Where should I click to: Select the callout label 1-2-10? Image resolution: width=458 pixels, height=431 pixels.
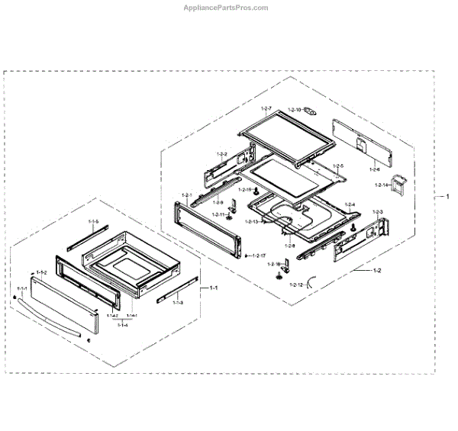(x=295, y=110)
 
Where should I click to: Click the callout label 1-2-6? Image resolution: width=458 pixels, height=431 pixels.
(x=374, y=169)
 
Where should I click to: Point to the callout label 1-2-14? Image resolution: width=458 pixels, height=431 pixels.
(x=382, y=185)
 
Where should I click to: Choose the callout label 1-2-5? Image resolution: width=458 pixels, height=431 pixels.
(x=338, y=166)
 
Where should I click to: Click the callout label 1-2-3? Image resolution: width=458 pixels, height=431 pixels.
(x=378, y=211)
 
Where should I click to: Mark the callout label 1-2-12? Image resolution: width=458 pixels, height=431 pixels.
(x=295, y=285)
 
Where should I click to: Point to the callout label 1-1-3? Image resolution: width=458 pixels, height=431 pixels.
(x=178, y=303)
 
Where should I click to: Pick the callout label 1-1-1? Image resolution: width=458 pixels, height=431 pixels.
(x=22, y=288)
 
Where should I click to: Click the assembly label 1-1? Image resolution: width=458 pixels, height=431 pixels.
(x=214, y=288)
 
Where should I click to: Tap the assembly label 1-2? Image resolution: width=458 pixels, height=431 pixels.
(x=377, y=271)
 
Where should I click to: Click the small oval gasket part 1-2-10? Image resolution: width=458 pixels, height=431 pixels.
(x=311, y=111)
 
